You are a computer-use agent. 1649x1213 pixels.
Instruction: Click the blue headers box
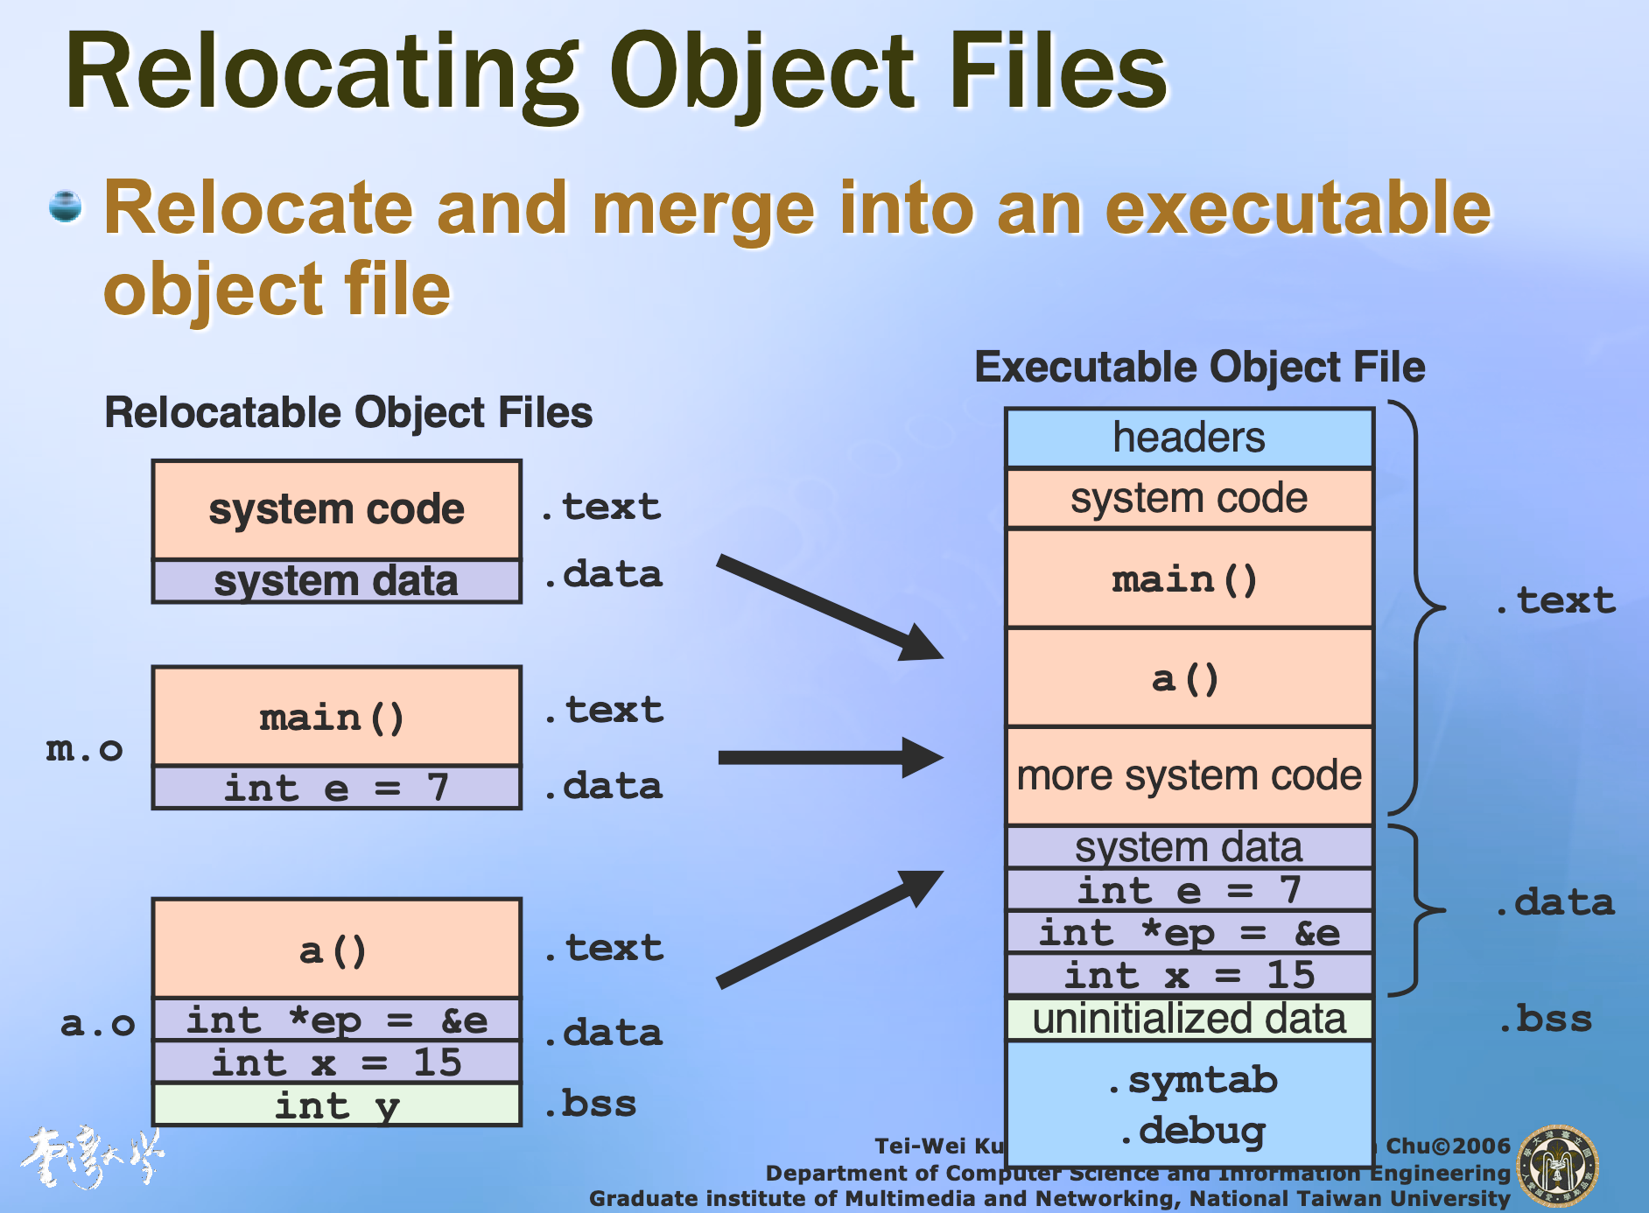pos(1189,438)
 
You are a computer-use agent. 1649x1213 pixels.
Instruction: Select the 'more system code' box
pos(1189,775)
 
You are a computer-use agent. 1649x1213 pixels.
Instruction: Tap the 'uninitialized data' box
pos(1189,1019)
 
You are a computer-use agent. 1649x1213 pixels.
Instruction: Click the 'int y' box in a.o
pos(337,1105)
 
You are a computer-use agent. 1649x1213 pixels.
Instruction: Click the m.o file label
pos(84,749)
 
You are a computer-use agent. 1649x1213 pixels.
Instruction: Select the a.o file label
pos(97,1023)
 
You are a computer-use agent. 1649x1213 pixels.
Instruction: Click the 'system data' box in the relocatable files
pos(337,581)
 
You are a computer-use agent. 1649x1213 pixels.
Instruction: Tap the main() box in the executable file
pos(1189,578)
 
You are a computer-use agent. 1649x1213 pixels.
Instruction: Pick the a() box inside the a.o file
pos(337,950)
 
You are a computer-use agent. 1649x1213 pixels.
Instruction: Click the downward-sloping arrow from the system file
pos(828,606)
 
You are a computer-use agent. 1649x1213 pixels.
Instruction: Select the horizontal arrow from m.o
pos(828,757)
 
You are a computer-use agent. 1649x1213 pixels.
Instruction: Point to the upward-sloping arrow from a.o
pos(828,929)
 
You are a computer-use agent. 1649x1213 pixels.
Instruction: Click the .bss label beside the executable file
pos(1545,1019)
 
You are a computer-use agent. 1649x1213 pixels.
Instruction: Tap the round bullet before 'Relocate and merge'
pos(66,207)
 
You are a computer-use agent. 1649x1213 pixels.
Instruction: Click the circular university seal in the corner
pos(1558,1167)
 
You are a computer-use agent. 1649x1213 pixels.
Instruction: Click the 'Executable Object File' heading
pos(1199,367)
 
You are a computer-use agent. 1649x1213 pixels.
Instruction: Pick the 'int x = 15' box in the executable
pos(1189,975)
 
